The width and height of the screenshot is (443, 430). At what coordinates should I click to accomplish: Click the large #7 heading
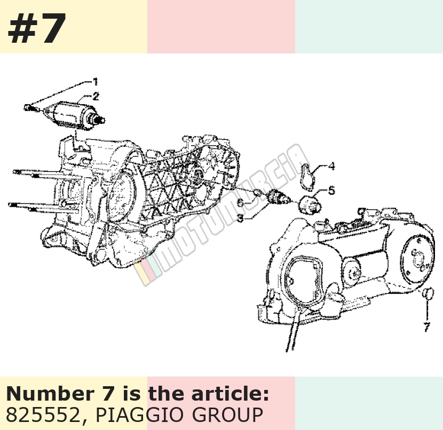click(37, 28)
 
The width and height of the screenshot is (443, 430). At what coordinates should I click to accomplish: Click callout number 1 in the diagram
click(96, 82)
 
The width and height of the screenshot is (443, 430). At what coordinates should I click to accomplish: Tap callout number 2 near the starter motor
click(96, 96)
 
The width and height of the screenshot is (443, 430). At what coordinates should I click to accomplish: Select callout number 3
click(240, 218)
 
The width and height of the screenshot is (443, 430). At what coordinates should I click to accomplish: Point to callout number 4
click(331, 166)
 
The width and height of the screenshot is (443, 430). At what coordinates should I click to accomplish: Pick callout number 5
click(331, 190)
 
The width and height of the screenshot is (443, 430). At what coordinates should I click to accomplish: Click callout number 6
click(240, 202)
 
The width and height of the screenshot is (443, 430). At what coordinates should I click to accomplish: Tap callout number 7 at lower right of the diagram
click(426, 327)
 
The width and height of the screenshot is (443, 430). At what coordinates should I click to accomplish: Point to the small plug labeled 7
click(428, 294)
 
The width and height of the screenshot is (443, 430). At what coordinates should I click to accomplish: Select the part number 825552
click(43, 415)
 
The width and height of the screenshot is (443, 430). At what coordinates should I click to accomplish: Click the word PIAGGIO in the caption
click(139, 415)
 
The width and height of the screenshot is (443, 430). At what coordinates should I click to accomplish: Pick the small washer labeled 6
click(257, 193)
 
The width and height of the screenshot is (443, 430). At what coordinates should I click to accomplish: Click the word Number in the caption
click(50, 394)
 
